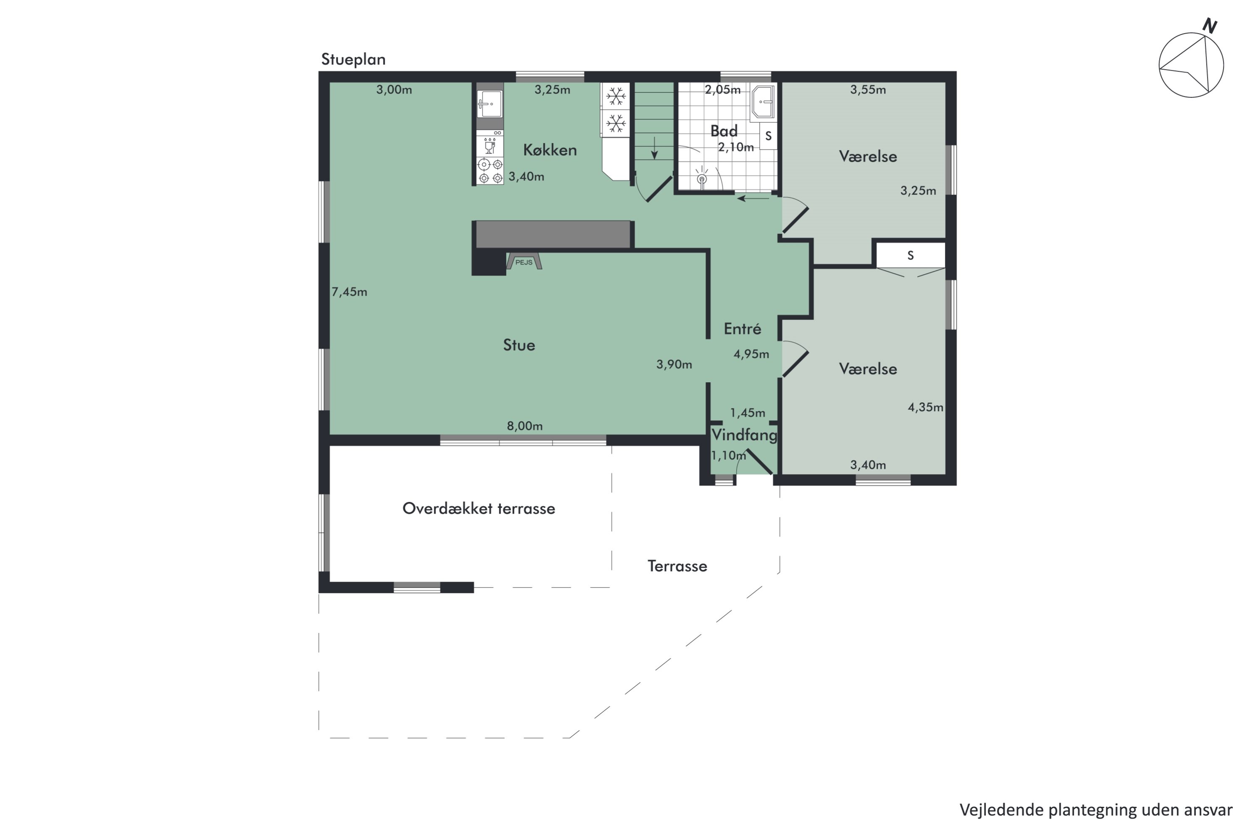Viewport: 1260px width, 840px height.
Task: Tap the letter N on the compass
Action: (x=1210, y=26)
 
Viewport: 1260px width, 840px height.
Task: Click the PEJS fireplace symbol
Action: (x=524, y=261)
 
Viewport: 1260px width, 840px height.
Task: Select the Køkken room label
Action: (x=550, y=150)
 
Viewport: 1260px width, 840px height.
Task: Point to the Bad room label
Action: (x=724, y=131)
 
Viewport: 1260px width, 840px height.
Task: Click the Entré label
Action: (x=743, y=328)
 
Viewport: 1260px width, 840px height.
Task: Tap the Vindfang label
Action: (x=744, y=434)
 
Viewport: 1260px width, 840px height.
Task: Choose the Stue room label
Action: (x=519, y=345)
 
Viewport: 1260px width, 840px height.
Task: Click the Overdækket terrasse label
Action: (x=479, y=508)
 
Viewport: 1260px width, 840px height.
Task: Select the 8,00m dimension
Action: (x=525, y=426)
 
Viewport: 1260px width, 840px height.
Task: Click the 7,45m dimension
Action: (x=349, y=292)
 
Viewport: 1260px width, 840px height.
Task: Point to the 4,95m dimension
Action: (x=751, y=354)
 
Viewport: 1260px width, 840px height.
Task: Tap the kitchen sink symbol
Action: (x=490, y=103)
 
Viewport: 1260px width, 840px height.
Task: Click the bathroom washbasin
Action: (x=762, y=101)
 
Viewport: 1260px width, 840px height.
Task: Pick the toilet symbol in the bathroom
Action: (x=702, y=177)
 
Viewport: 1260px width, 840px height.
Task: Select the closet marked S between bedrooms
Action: (x=911, y=255)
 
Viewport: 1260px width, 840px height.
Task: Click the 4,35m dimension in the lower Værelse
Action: (x=925, y=407)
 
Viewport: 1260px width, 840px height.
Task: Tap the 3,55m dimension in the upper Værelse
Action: (x=868, y=90)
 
